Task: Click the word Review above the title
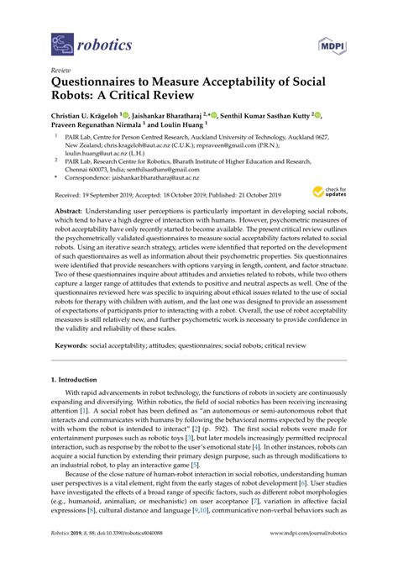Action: point(60,71)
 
